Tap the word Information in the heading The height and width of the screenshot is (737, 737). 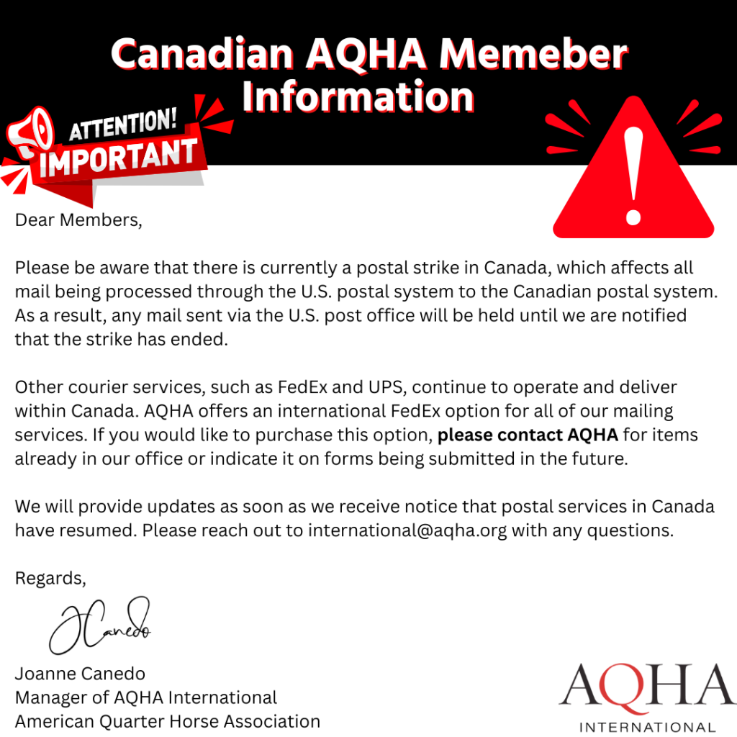(358, 96)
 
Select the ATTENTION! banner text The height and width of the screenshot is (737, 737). (122, 127)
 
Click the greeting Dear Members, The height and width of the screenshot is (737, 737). (78, 220)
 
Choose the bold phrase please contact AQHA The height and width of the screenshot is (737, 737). (528, 435)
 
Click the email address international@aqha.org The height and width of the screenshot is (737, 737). (407, 530)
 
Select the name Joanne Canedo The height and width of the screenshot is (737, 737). (80, 674)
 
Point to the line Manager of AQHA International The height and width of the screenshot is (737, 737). (145, 697)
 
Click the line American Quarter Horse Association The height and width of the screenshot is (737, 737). (167, 720)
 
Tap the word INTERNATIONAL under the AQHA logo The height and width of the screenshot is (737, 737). (648, 726)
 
